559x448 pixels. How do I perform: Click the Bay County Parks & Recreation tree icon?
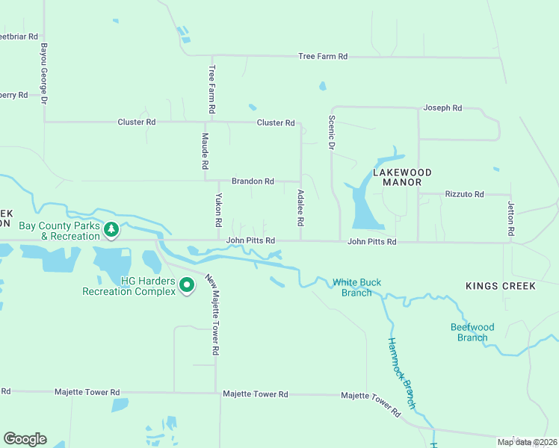pyautogui.click(x=111, y=230)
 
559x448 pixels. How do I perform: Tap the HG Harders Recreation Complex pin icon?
pyautogui.click(x=188, y=285)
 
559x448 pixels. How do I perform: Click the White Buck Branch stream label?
pyautogui.click(x=357, y=287)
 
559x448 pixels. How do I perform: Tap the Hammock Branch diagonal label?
pyautogui.click(x=401, y=373)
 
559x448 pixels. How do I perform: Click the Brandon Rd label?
pyautogui.click(x=253, y=181)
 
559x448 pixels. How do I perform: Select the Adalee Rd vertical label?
pyautogui.click(x=300, y=208)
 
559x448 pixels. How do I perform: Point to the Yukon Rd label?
pyautogui.click(x=219, y=211)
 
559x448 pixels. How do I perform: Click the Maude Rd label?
pyautogui.click(x=204, y=149)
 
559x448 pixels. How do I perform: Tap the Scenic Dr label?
pyautogui.click(x=331, y=132)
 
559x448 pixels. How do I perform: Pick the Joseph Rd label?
pyautogui.click(x=442, y=108)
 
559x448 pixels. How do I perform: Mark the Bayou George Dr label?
pyautogui.click(x=44, y=73)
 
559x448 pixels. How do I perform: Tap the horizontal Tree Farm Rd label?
pyautogui.click(x=323, y=57)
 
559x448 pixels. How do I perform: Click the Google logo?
pyautogui.click(x=25, y=439)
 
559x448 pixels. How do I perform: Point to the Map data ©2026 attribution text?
pyautogui.click(x=527, y=442)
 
